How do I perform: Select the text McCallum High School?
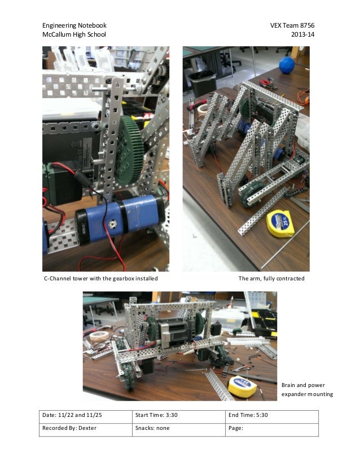click(74, 35)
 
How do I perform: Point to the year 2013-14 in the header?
click(302, 35)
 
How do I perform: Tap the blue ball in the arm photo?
click(287, 63)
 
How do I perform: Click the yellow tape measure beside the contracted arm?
click(282, 222)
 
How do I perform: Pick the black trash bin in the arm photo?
click(201, 83)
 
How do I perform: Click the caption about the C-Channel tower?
click(101, 279)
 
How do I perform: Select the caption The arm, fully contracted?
click(271, 279)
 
